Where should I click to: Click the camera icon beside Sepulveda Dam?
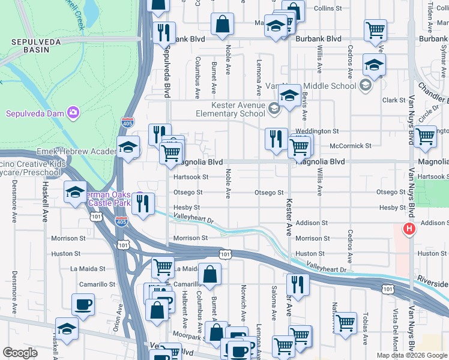click(73, 112)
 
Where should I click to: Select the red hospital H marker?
click(409, 229)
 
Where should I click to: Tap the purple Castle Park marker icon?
click(139, 197)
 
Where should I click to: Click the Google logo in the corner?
click(20, 353)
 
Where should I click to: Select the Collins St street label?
click(328, 8)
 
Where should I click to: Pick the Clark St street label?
click(394, 100)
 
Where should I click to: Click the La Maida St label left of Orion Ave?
click(88, 269)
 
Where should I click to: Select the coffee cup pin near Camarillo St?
click(83, 304)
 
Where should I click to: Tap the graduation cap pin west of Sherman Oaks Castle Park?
click(75, 193)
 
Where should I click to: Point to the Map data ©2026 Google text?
click(411, 355)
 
